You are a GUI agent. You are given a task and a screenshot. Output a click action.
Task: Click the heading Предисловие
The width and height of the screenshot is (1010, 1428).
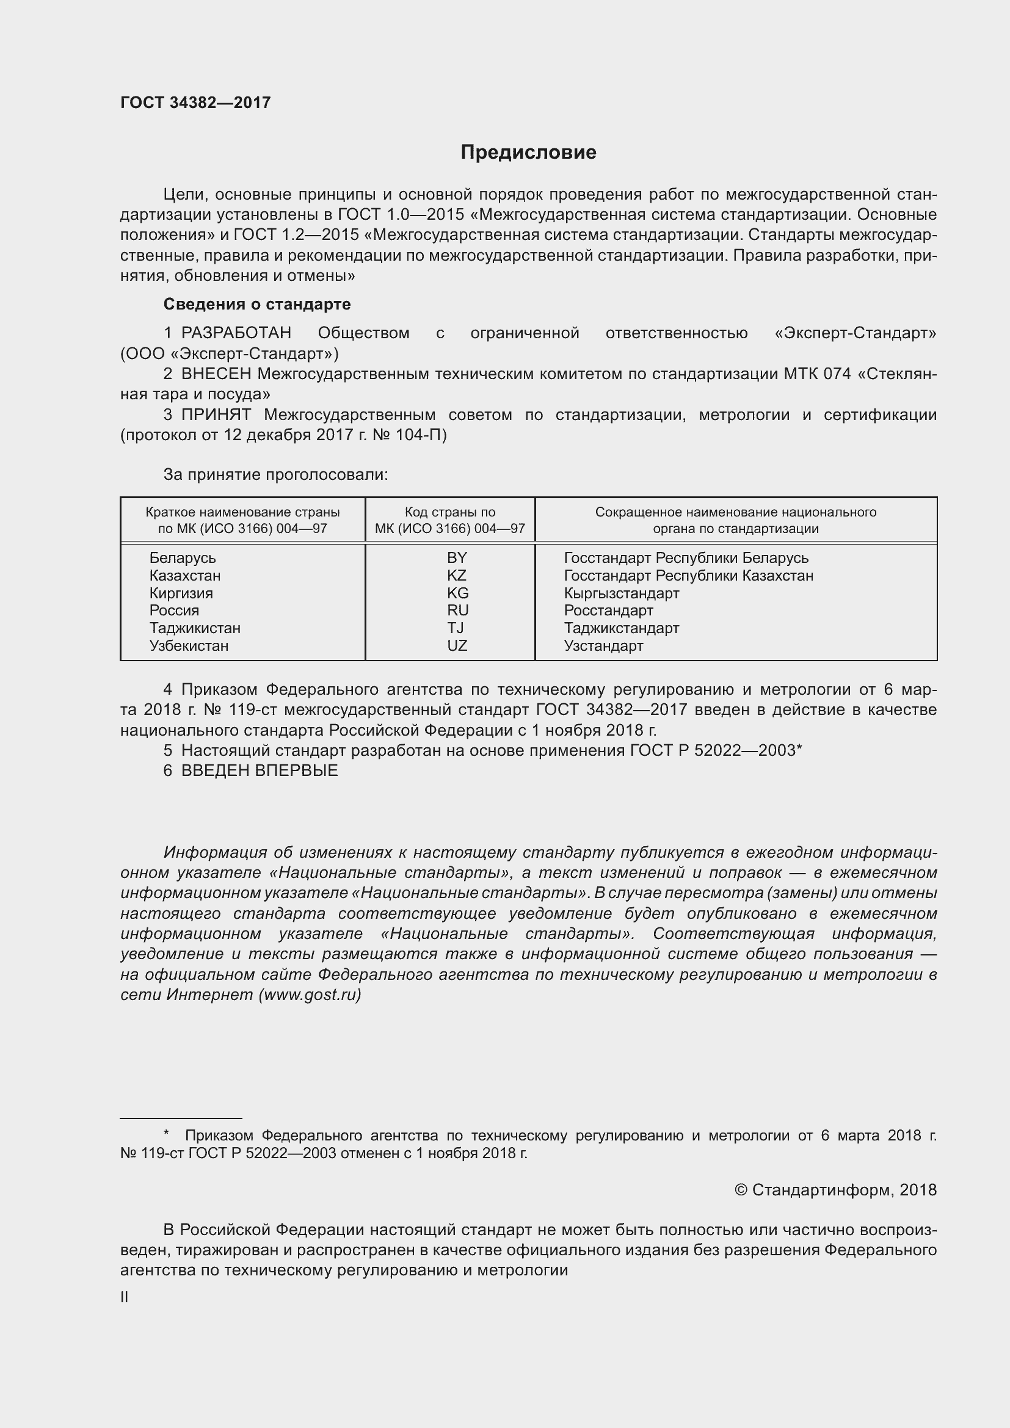point(528,153)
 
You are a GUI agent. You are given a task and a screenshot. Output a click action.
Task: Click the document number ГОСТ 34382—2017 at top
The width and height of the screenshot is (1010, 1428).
point(195,103)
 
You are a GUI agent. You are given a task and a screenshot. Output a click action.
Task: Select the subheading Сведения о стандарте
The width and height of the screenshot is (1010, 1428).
point(257,304)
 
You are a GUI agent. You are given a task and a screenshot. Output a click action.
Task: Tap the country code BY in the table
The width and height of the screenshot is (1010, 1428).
point(457,558)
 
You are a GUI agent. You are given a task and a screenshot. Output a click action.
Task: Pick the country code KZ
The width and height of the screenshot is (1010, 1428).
point(457,575)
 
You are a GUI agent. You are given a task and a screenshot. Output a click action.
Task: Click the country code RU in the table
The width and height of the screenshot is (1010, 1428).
point(457,610)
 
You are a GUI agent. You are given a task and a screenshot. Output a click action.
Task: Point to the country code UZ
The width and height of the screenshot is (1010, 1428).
point(457,645)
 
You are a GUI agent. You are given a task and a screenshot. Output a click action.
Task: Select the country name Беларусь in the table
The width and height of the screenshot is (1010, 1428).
point(182,558)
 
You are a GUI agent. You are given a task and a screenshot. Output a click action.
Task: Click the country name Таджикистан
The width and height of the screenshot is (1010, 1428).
point(195,628)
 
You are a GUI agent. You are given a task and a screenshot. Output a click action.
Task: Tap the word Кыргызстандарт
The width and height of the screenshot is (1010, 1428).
point(621,593)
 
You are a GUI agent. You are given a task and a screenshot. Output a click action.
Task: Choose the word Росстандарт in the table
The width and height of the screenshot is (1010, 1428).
point(608,611)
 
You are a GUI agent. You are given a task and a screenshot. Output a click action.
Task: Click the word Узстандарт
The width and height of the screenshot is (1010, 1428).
point(603,645)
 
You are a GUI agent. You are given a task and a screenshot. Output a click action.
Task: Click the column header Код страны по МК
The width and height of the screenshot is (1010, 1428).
point(449,520)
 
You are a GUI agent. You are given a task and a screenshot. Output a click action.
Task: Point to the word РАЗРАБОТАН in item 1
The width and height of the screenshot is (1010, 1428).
point(236,333)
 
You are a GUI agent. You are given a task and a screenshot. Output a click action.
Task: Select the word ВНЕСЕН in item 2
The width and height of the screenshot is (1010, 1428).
point(216,374)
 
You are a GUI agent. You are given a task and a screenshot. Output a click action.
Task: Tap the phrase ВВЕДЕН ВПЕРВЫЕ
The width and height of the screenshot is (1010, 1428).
point(260,770)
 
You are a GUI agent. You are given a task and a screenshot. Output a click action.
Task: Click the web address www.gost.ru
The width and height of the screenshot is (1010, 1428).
point(310,995)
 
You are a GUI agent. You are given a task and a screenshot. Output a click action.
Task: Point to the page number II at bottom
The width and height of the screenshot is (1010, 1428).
point(125,1297)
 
